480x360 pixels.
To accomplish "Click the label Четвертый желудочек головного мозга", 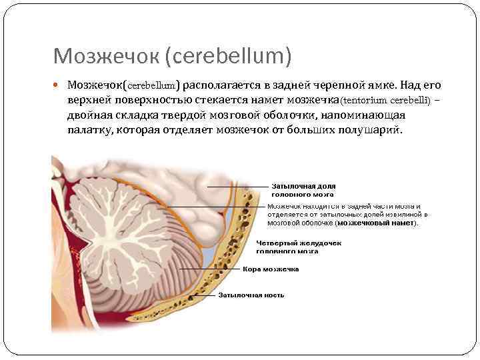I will [x=299, y=247].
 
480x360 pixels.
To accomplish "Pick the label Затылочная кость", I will [x=251, y=295].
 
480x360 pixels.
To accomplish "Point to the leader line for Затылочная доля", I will [x=237, y=187].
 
